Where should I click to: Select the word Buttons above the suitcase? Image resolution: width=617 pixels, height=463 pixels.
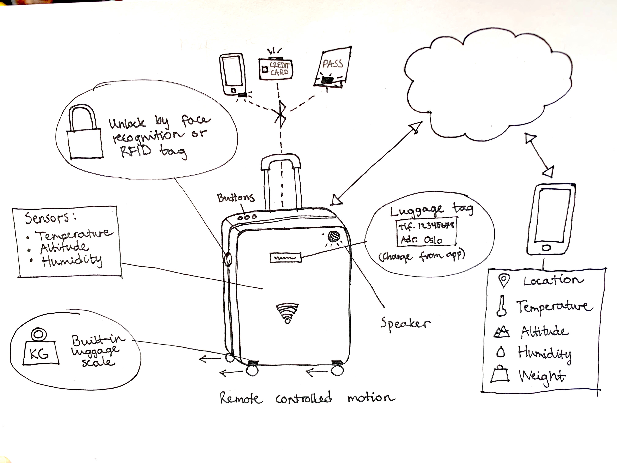[x=236, y=198]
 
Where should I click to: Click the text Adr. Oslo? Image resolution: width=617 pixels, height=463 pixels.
[x=421, y=239]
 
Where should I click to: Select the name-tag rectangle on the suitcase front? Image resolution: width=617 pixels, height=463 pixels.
[x=285, y=258]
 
